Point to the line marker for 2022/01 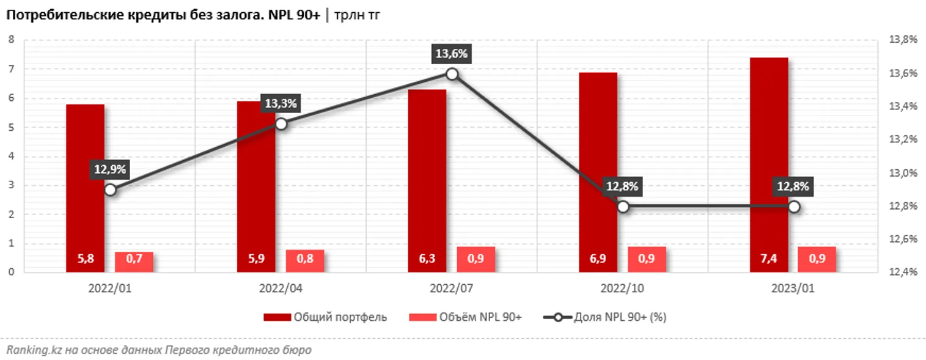click(110, 189)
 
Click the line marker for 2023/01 click(794, 207)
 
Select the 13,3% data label click(281, 104)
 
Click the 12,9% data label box click(110, 170)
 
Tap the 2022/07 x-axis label click(452, 288)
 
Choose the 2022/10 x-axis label click(623, 288)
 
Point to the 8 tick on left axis click(11, 40)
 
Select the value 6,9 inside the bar click(598, 259)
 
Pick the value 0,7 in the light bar click(134, 259)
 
